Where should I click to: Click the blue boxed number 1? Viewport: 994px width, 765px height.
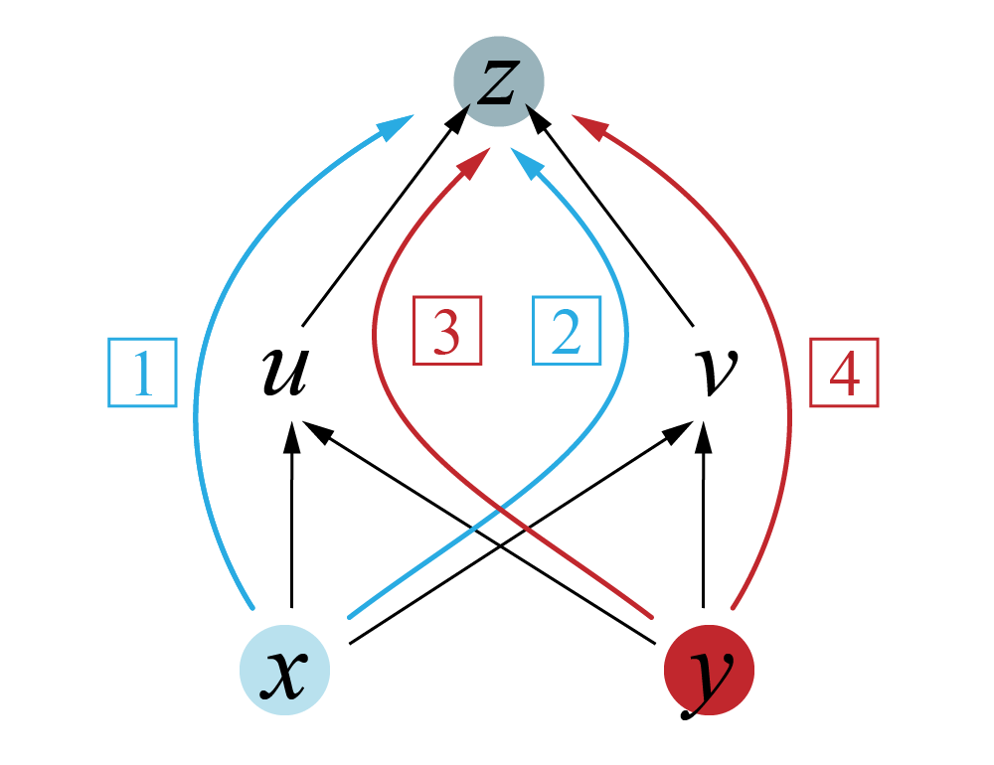point(142,373)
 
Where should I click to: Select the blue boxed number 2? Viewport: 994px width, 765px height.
point(567,331)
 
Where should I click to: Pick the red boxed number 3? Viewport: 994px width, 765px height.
point(447,331)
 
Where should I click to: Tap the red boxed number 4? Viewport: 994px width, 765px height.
point(844,373)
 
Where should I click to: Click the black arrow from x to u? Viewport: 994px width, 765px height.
point(291,517)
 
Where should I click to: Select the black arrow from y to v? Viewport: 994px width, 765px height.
point(704,517)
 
